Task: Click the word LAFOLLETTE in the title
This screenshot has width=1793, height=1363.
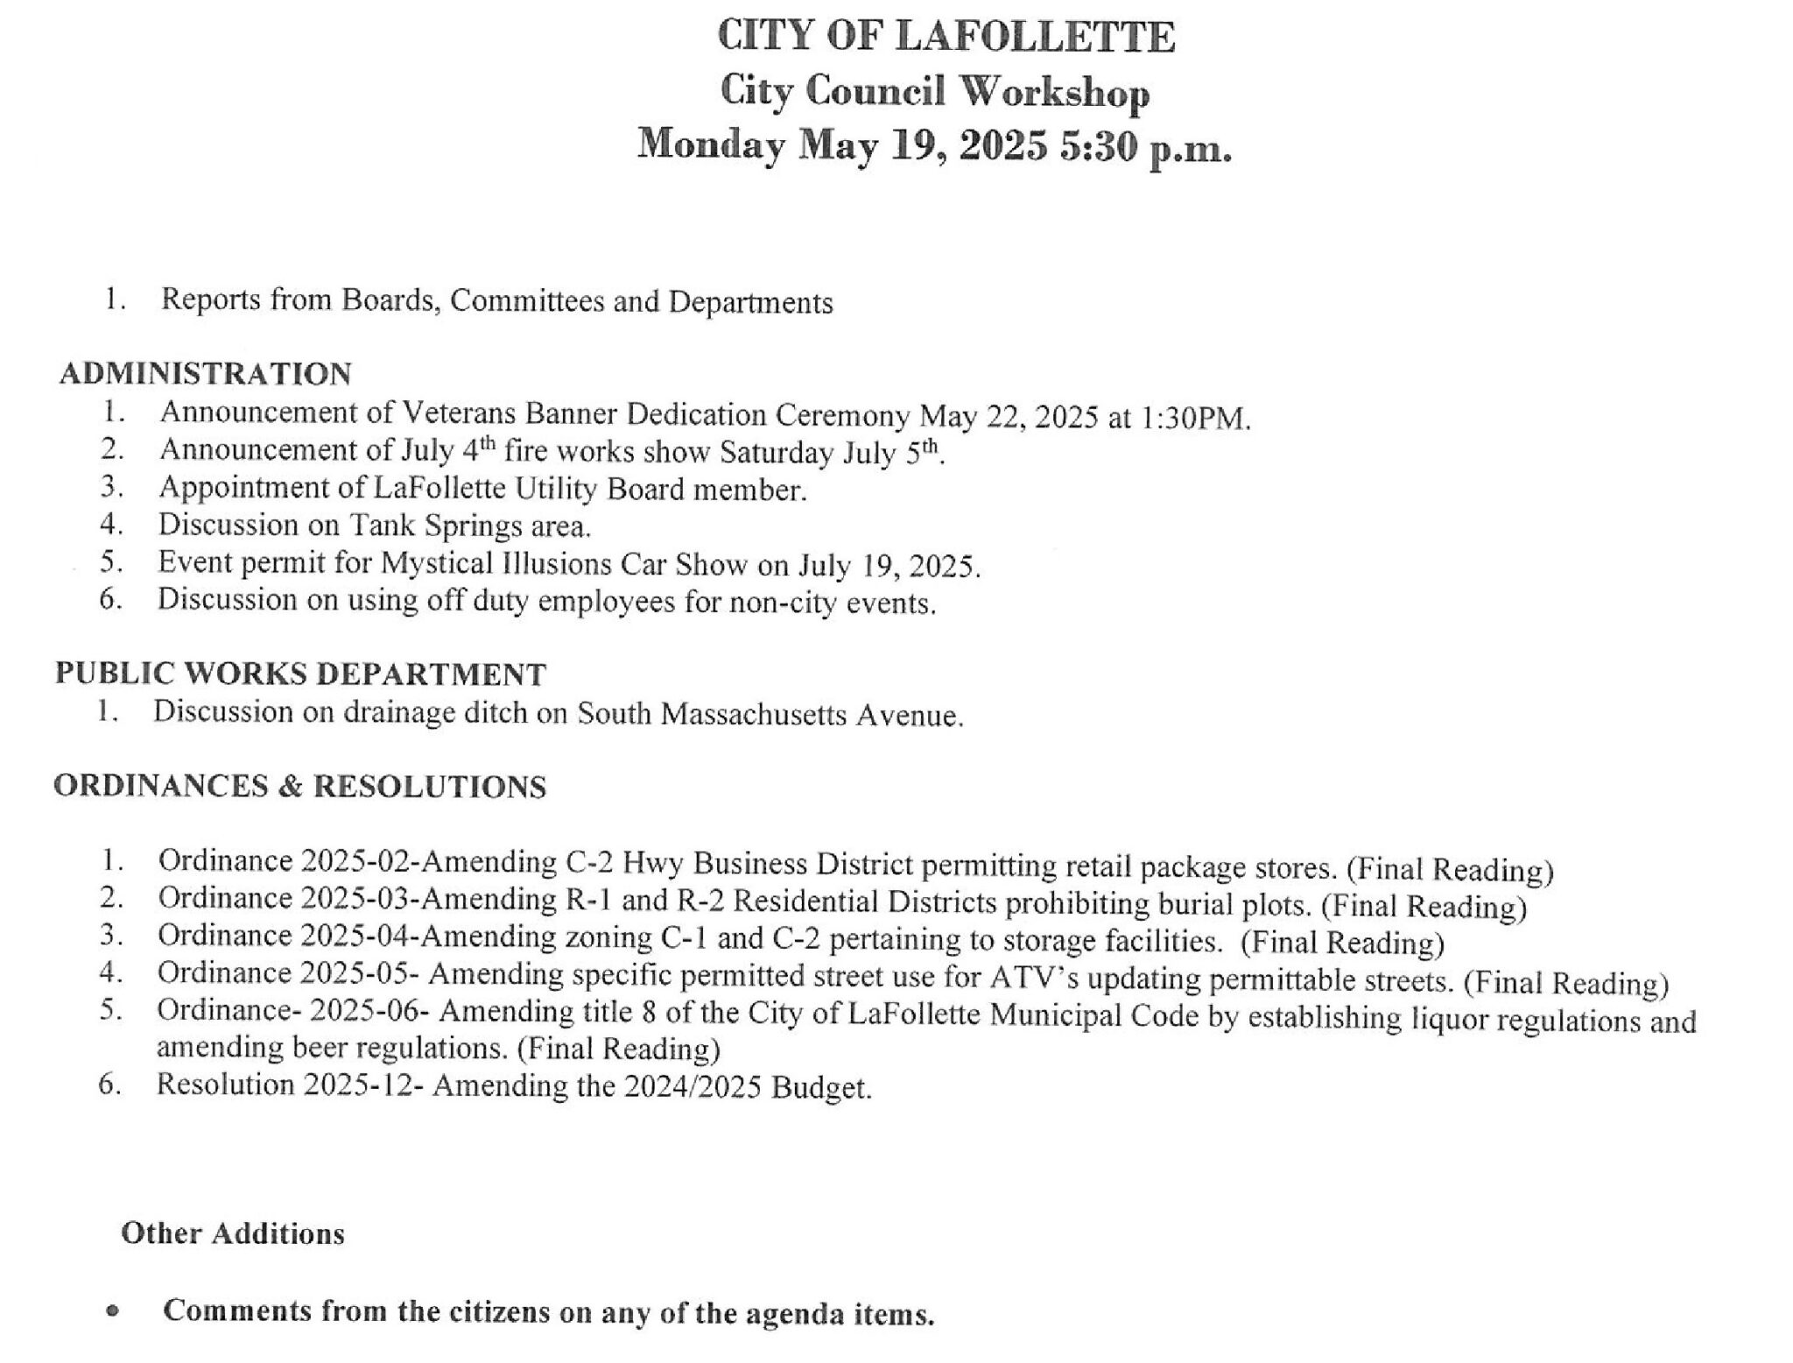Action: [x=1036, y=38]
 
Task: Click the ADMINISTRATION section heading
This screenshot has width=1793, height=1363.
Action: [x=206, y=374]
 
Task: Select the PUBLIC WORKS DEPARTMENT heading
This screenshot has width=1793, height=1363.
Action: [x=300, y=674]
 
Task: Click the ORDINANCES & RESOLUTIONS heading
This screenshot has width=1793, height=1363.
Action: [x=299, y=786]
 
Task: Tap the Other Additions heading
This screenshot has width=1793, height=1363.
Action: [x=233, y=1233]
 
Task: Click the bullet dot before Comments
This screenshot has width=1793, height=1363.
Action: [x=111, y=1312]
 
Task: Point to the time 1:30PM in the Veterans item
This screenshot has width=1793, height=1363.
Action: [x=1194, y=419]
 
